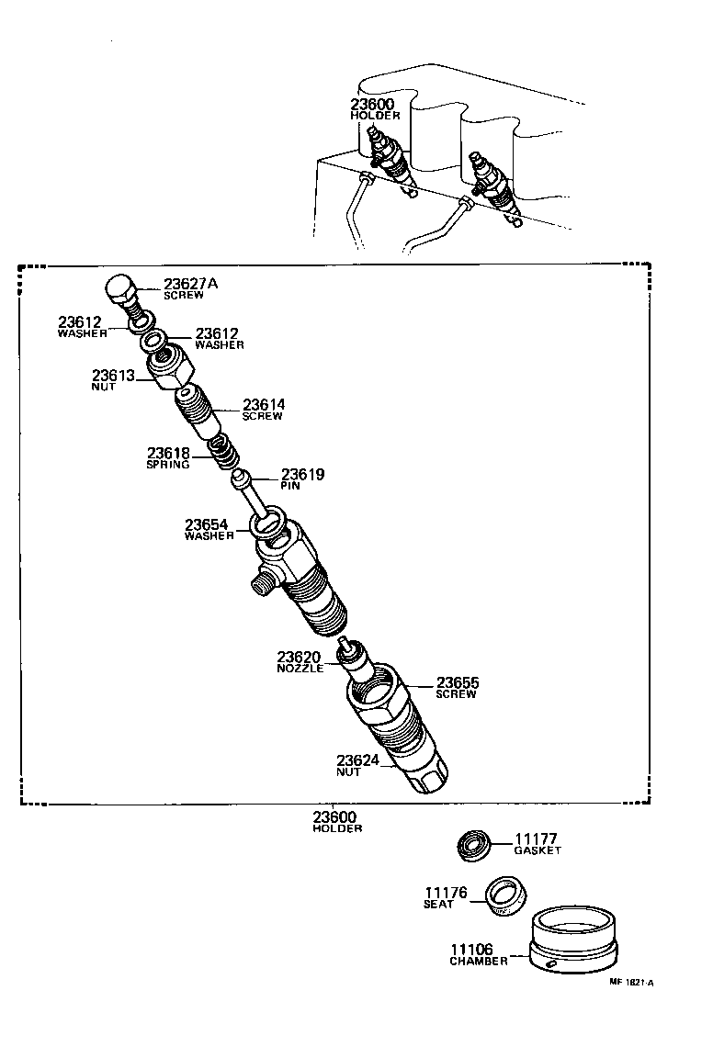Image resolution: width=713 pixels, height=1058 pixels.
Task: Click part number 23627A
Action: tap(190, 284)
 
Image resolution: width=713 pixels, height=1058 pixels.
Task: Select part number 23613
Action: tap(113, 376)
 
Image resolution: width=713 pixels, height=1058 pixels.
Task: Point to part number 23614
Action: tap(264, 404)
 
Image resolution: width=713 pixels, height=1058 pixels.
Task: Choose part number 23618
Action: tap(169, 454)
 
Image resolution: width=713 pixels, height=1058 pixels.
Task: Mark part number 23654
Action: tap(209, 524)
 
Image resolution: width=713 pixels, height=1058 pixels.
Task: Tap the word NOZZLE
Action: tap(300, 669)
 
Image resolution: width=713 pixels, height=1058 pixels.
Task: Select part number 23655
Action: tap(458, 682)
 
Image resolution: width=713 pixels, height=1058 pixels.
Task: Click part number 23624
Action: tap(358, 760)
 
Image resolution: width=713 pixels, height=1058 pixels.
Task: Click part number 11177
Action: tap(537, 839)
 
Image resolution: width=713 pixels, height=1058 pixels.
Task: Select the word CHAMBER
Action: tap(478, 962)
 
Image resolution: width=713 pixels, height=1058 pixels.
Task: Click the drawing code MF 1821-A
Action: tap(630, 982)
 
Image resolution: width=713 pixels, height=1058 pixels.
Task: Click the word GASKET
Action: tap(537, 850)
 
